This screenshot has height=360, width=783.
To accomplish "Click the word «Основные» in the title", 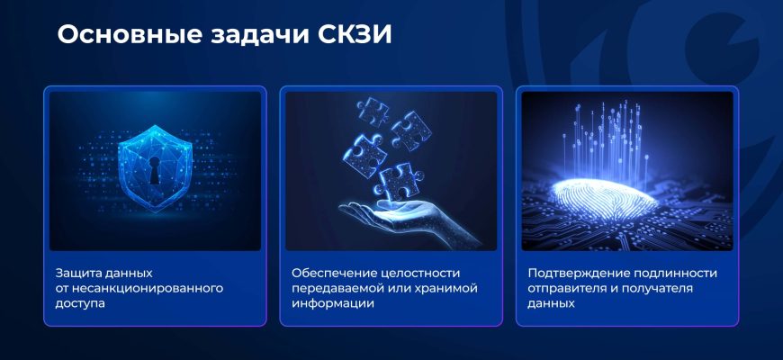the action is tap(129, 35).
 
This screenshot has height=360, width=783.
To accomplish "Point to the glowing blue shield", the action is tap(155, 167).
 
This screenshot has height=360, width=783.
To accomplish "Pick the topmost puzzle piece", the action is tap(372, 111).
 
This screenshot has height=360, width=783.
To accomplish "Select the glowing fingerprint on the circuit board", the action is tap(604, 199).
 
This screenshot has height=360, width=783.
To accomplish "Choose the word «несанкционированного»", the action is tap(148, 288).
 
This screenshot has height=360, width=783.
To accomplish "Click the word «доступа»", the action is tap(80, 303).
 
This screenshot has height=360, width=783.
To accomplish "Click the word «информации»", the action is tap(333, 303).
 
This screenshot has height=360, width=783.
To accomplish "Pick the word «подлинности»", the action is tap(675, 274).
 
